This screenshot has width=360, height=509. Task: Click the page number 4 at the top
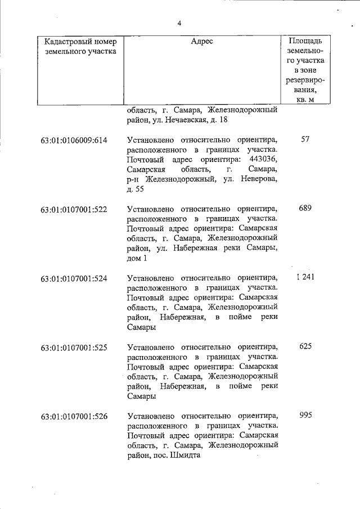tap(179, 23)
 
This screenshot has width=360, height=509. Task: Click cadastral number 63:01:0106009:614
tap(74, 139)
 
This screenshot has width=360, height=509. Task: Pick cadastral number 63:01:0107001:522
tap(74, 209)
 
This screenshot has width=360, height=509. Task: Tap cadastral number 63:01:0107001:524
tap(74, 278)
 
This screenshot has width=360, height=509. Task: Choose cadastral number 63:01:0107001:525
tap(74, 347)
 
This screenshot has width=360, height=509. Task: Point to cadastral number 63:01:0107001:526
tap(74, 417)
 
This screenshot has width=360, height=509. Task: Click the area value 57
tap(305, 139)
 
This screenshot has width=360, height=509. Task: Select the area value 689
tap(305, 208)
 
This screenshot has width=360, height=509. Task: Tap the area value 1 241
tap(304, 277)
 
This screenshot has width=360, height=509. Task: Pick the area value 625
tap(305, 346)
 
